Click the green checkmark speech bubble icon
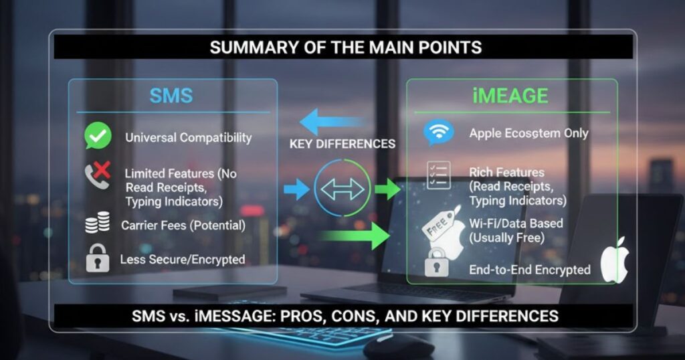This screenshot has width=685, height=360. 97,137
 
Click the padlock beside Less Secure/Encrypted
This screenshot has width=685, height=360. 97,259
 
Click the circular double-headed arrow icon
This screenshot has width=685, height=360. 342,189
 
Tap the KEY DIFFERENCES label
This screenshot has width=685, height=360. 342,144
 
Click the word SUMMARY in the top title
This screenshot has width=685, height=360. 248,48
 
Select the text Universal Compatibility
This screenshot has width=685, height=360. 188,138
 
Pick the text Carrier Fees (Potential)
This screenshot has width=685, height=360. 183,226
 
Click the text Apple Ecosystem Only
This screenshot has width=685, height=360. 528,133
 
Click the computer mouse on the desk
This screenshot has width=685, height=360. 398,345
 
